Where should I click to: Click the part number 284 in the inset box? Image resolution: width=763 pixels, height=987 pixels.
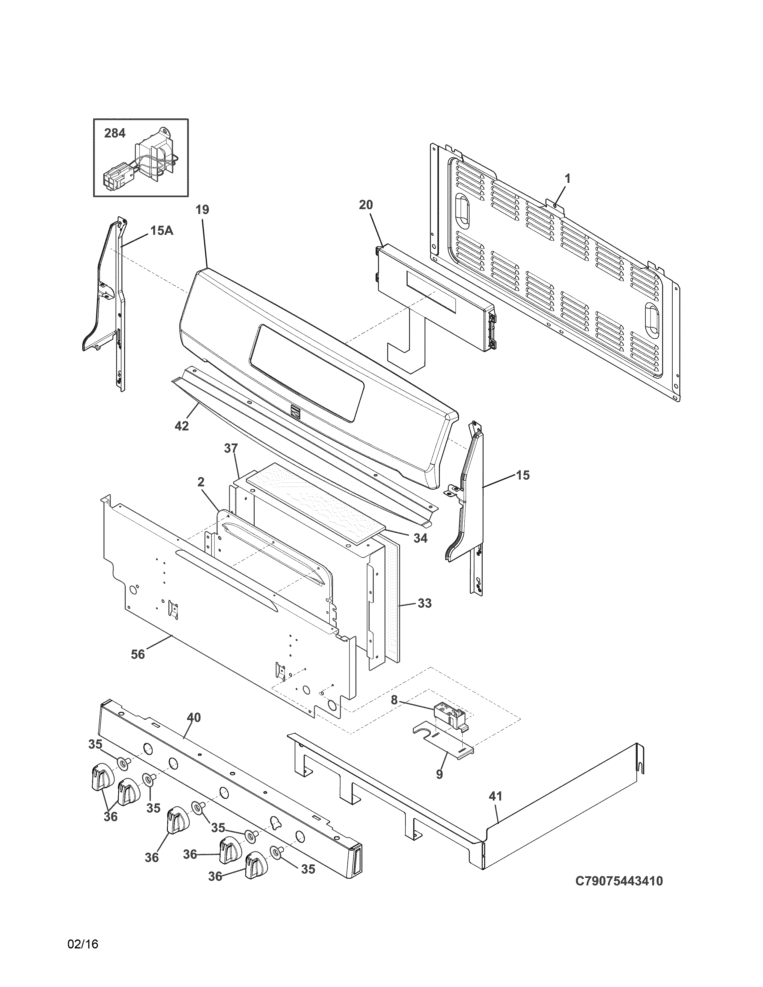coord(115,133)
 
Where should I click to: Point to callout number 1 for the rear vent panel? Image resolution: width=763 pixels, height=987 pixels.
coord(567,179)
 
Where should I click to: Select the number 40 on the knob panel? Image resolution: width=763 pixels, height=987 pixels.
coord(194,717)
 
